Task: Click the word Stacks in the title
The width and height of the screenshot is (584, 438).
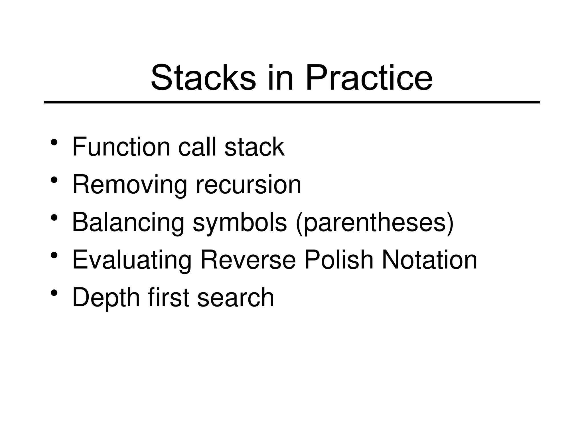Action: pos(203,78)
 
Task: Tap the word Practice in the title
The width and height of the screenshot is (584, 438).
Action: pos(368,78)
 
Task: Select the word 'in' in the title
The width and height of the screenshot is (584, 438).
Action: pos(280,78)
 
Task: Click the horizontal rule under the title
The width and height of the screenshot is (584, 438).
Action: pos(292,102)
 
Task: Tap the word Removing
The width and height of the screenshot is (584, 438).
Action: pos(130,185)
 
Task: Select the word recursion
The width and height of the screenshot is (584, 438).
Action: pos(248,185)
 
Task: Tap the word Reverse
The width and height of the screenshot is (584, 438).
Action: pos(248,260)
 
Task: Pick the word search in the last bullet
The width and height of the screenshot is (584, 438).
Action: pos(236,297)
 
